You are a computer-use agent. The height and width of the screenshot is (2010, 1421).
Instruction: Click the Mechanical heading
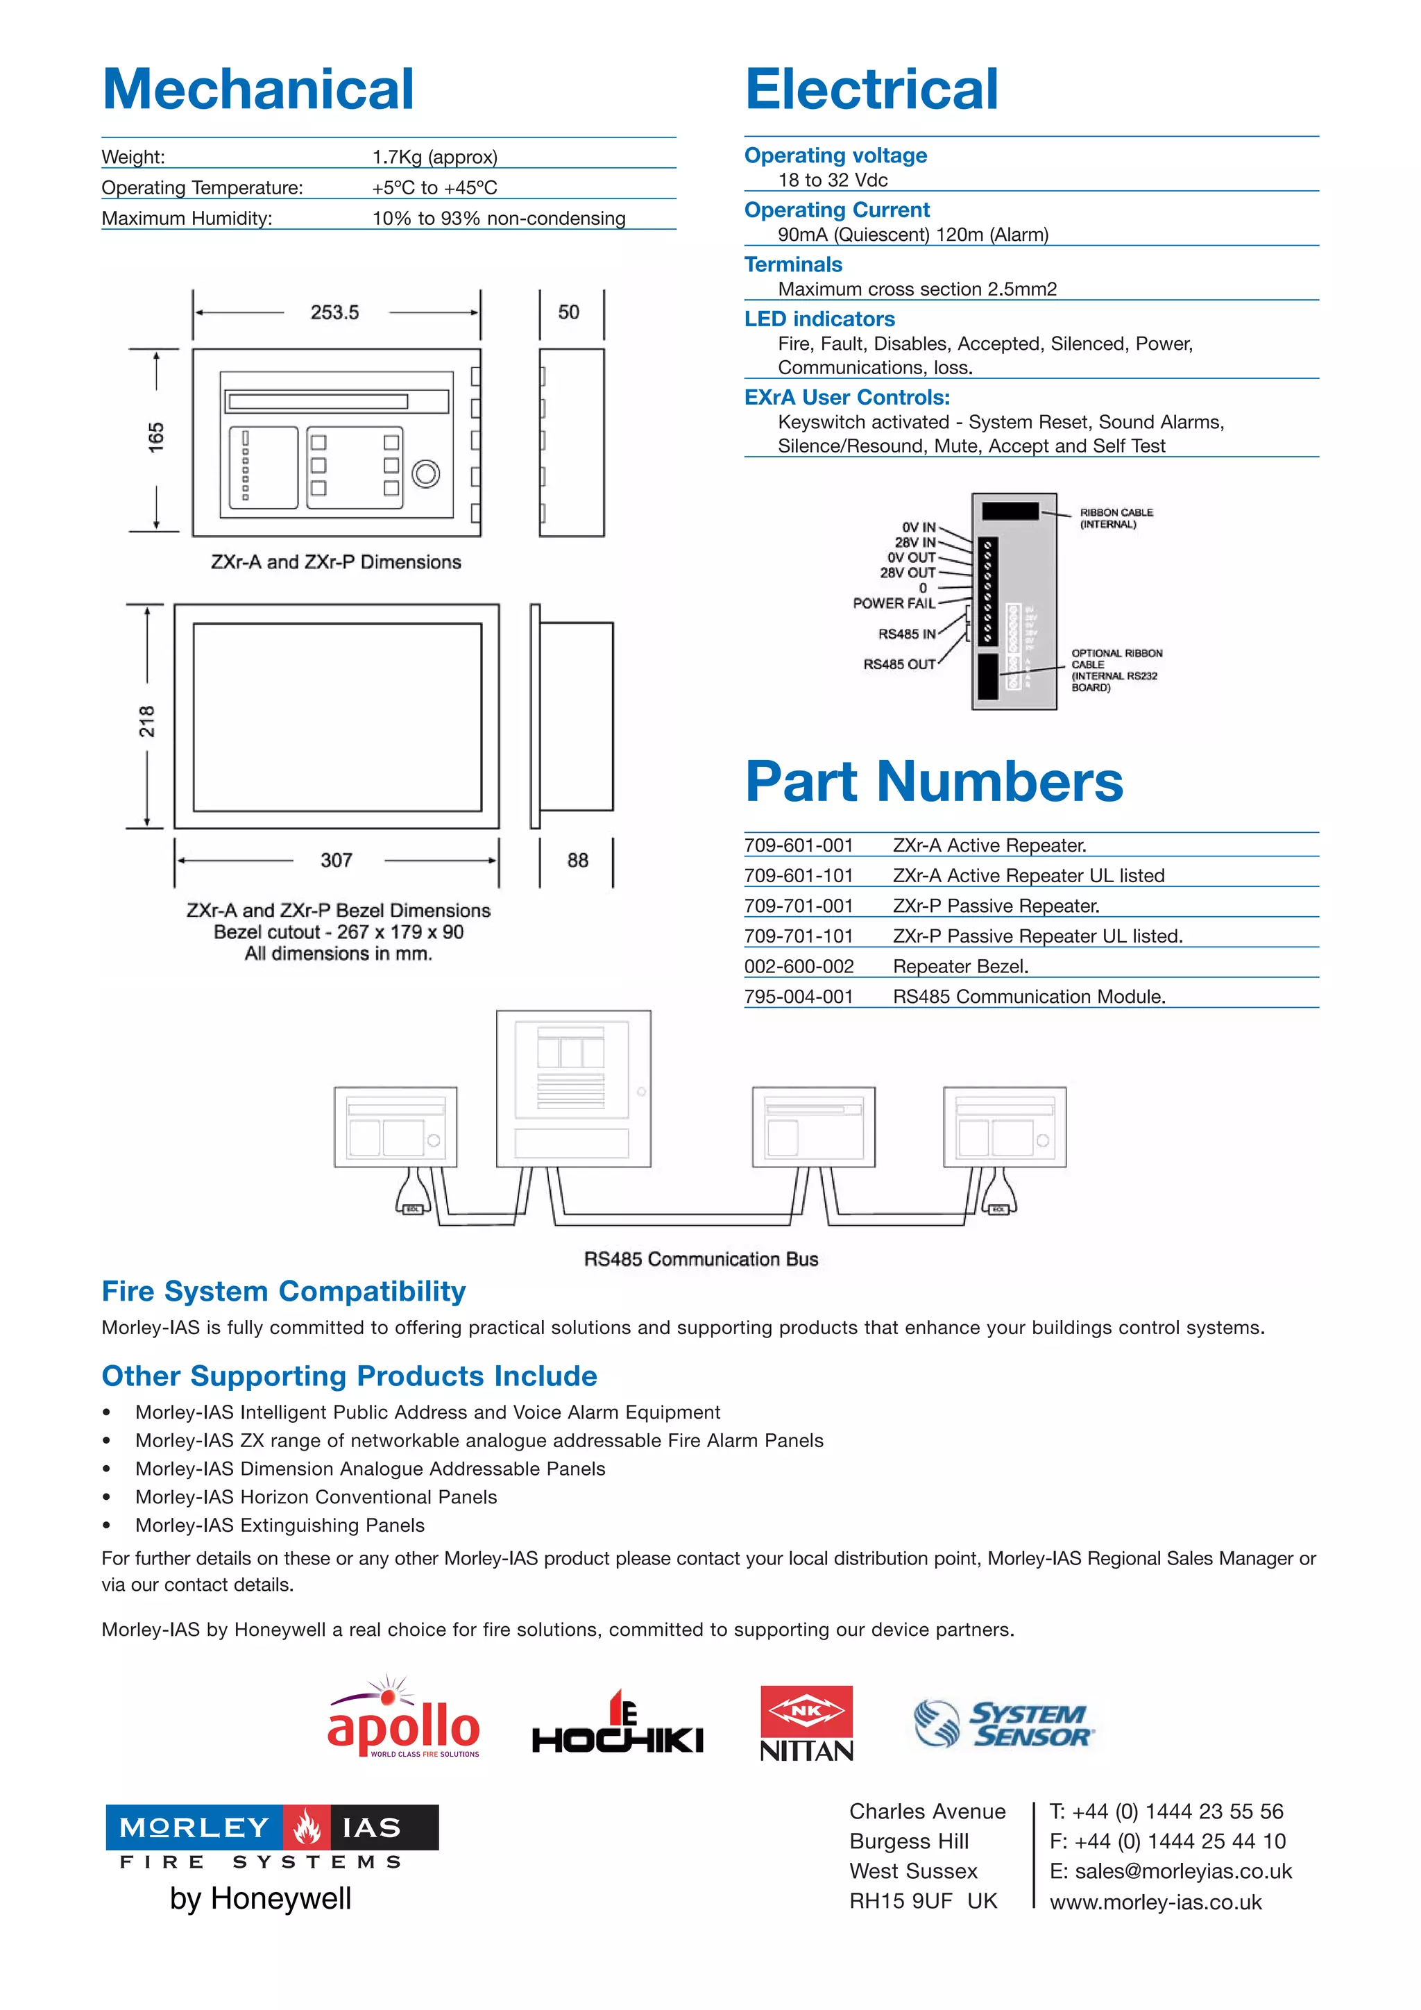[258, 90]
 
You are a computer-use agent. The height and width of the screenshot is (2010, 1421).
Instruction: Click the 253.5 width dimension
[334, 312]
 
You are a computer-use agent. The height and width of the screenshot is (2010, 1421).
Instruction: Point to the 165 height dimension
[155, 437]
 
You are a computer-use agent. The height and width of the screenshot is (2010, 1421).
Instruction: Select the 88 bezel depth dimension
[577, 861]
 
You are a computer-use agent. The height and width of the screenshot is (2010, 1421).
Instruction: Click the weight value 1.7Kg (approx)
[435, 158]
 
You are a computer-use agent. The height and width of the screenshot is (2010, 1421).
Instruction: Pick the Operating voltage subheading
[835, 156]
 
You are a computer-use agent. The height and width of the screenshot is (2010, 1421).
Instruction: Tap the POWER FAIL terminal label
[894, 603]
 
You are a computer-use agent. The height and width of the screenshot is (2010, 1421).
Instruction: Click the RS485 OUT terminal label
[899, 664]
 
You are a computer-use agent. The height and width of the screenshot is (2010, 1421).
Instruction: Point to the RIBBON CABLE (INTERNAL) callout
[1116, 518]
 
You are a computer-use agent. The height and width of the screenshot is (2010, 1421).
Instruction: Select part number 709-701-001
[798, 906]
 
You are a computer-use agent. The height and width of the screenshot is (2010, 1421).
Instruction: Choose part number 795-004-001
[798, 997]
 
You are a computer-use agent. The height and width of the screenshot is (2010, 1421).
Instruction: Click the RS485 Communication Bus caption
[701, 1259]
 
